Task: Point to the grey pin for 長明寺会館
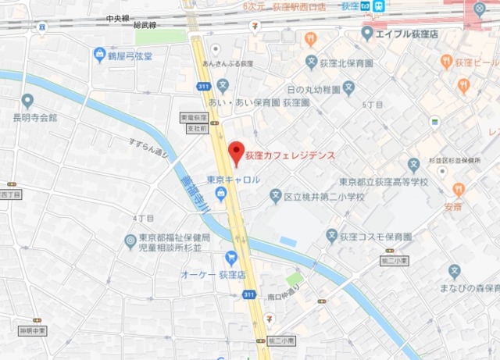point(27,100)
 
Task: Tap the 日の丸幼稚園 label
point(314,91)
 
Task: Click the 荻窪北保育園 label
point(346,62)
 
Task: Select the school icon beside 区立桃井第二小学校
point(275,196)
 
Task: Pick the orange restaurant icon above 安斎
point(458,190)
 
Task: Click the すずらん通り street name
point(149,148)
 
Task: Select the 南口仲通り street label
point(284,297)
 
